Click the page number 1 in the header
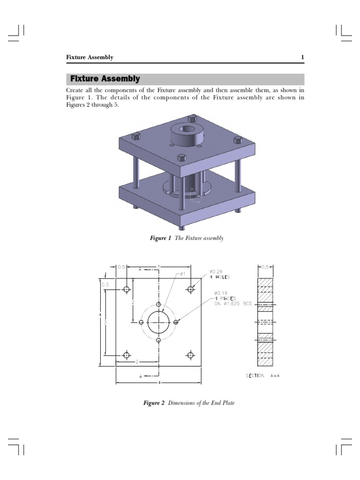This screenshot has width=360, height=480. click(x=302, y=57)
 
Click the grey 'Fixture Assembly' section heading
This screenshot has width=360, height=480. click(x=105, y=79)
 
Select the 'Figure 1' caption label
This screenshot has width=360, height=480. click(x=160, y=239)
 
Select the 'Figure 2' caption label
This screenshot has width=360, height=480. click(x=154, y=403)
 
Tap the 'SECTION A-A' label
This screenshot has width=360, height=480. click(x=263, y=376)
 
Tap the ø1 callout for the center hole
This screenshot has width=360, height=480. click(x=183, y=274)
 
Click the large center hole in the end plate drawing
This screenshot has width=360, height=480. click(x=159, y=322)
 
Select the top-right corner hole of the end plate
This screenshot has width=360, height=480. click(x=191, y=289)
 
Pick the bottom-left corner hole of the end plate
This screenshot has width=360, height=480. click(x=127, y=355)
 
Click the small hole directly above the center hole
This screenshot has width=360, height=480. click(x=159, y=305)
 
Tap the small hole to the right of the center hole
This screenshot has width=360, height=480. click(x=176, y=322)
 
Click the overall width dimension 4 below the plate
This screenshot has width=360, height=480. click(x=159, y=383)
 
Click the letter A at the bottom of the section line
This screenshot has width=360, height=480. click(x=141, y=376)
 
